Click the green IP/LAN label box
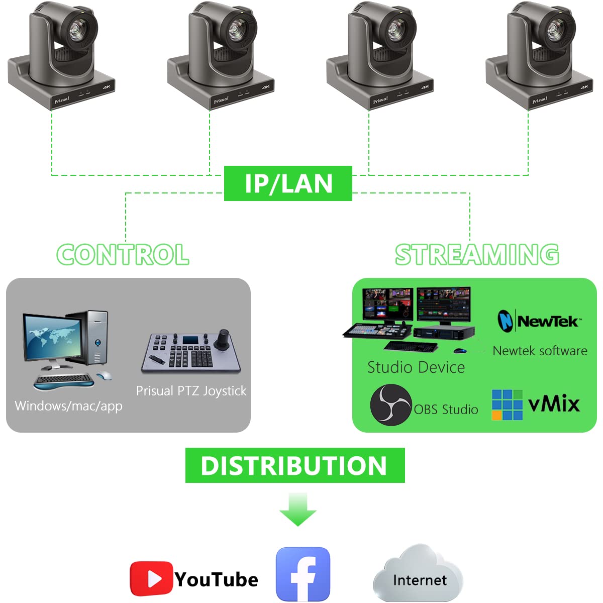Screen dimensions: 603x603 pyautogui.click(x=288, y=183)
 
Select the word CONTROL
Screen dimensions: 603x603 pyautogui.click(x=123, y=255)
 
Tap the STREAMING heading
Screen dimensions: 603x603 pyautogui.click(x=477, y=254)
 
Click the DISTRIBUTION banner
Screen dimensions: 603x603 pyautogui.click(x=294, y=465)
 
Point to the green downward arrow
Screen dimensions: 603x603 pyautogui.click(x=297, y=509)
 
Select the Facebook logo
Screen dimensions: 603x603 pyautogui.click(x=303, y=574)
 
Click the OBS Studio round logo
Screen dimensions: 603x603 pyautogui.click(x=390, y=405)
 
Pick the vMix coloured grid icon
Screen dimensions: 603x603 pyautogui.click(x=507, y=405)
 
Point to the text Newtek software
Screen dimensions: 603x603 pyautogui.click(x=540, y=351)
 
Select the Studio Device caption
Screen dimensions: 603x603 pyautogui.click(x=416, y=367)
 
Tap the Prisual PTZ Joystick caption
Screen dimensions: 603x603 pyautogui.click(x=191, y=391)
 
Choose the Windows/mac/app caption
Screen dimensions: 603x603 pyautogui.click(x=68, y=406)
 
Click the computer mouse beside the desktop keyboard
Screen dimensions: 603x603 pyautogui.click(x=104, y=375)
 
